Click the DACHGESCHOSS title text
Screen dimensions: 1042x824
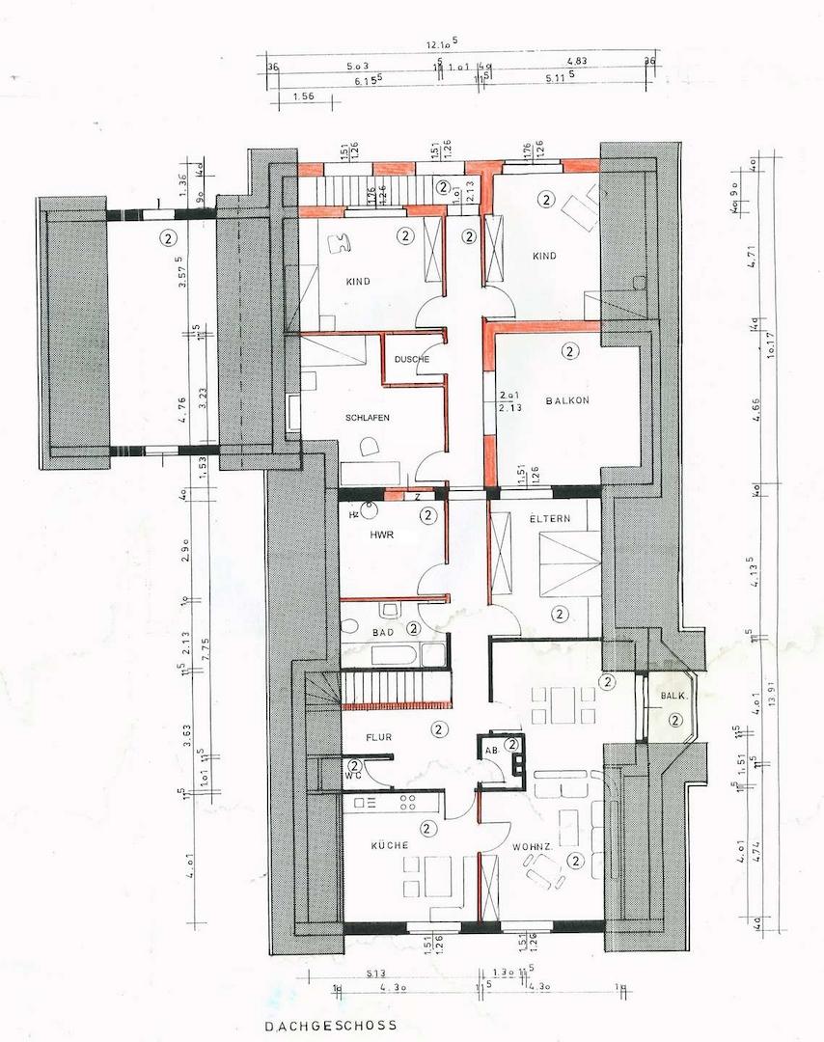tap(329, 1028)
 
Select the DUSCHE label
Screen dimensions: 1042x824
tap(412, 359)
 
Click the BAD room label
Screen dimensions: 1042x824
tap(383, 631)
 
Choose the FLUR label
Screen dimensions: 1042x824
tap(376, 738)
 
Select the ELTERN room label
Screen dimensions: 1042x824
tap(550, 518)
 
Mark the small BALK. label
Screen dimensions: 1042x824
tap(673, 696)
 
